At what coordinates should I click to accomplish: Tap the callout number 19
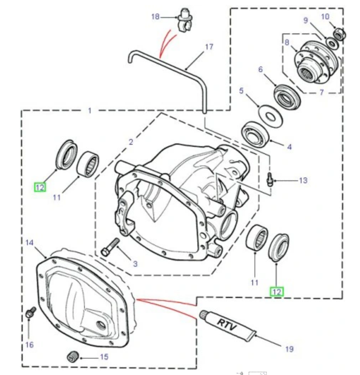tap(289, 349)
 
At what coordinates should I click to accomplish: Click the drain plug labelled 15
tap(73, 356)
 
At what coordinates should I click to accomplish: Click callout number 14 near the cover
tap(30, 242)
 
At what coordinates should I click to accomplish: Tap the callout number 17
tap(209, 47)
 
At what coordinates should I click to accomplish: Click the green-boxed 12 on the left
tap(40, 187)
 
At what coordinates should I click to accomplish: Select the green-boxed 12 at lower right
tap(277, 292)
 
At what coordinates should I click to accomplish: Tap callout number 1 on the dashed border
tap(89, 111)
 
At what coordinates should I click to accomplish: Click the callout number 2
tap(131, 142)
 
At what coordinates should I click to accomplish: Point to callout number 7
tap(322, 92)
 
